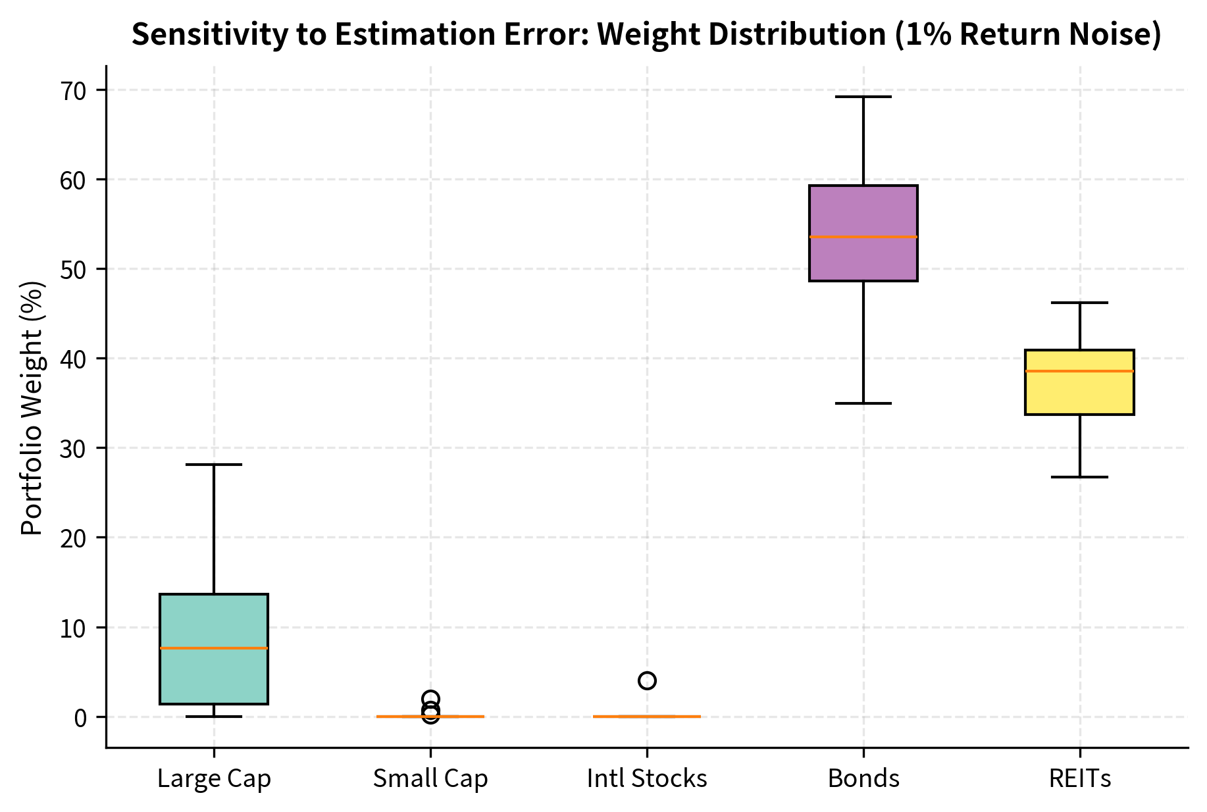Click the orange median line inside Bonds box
click(863, 236)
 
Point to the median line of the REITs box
click(1079, 371)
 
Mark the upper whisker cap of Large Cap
click(214, 465)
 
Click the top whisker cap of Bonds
click(863, 97)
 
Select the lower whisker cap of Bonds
click(863, 403)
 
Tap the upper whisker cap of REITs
click(1079, 303)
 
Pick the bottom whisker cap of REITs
click(1079, 477)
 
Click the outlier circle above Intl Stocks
click(647, 680)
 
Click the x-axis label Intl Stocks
click(646, 779)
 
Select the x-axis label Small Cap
click(430, 779)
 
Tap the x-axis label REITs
click(1079, 779)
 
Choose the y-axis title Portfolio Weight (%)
click(32, 408)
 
